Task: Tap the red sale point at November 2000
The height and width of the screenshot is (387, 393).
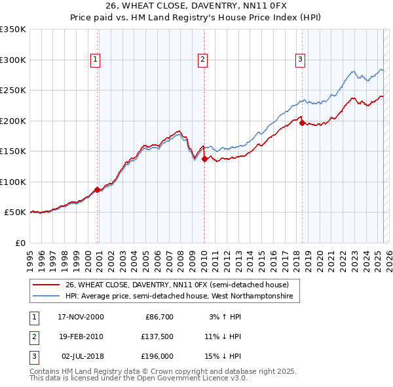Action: click(98, 190)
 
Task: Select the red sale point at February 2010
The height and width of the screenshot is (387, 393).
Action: click(204, 159)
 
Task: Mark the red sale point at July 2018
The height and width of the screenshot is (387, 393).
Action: click(302, 123)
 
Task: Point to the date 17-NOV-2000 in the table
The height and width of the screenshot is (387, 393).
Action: click(81, 317)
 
